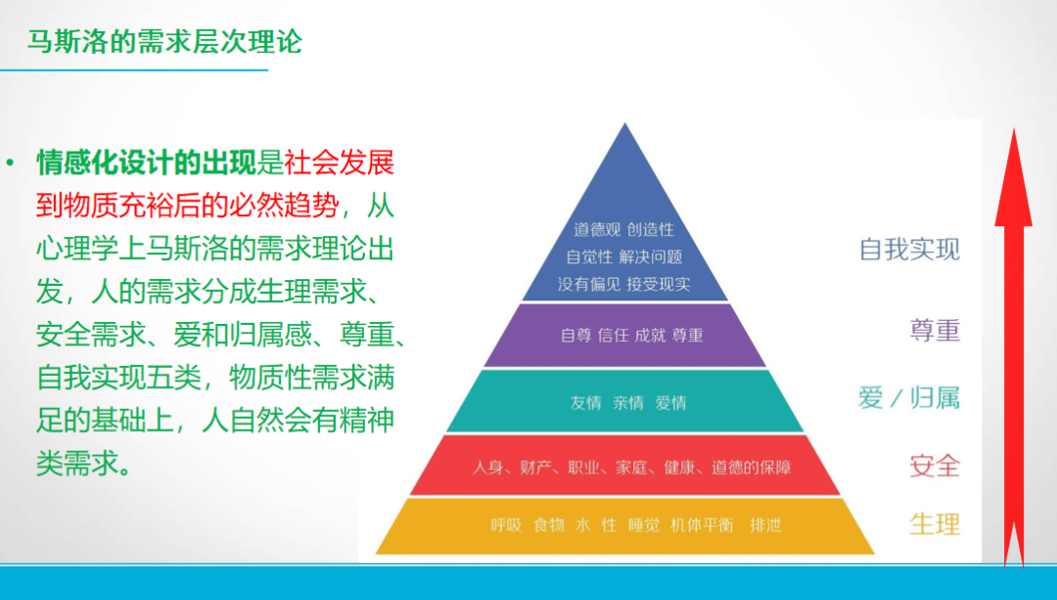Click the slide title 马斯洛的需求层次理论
164,42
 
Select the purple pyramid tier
624,335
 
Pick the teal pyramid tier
624,401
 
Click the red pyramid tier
624,467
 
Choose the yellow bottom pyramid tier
624,526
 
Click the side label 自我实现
909,249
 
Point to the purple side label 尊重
935,330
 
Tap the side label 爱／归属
909,397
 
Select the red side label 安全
935,465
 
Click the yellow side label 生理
935,524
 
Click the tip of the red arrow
1013,132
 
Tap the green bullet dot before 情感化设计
10,162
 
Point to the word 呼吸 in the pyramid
506,526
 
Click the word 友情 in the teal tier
586,402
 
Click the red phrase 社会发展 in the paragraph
339,162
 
